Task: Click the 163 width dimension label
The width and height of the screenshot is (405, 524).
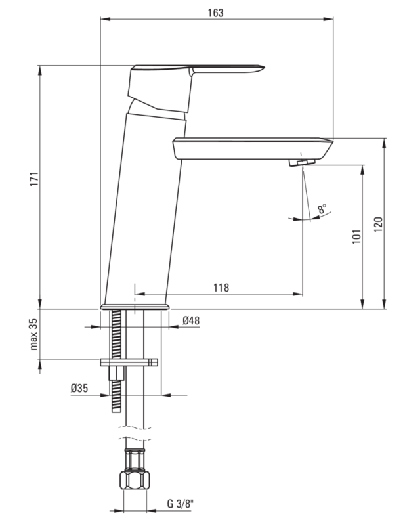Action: click(217, 12)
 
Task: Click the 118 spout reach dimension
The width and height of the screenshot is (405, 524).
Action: click(221, 287)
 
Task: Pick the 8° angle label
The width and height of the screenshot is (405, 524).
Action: click(322, 209)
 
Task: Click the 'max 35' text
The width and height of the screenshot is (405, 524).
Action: click(34, 334)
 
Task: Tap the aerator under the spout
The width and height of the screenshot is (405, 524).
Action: click(301, 162)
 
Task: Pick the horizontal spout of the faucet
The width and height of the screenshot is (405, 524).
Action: click(253, 147)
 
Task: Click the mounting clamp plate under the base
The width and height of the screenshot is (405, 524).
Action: click(129, 362)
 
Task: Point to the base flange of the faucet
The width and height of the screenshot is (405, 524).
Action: click(135, 306)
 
